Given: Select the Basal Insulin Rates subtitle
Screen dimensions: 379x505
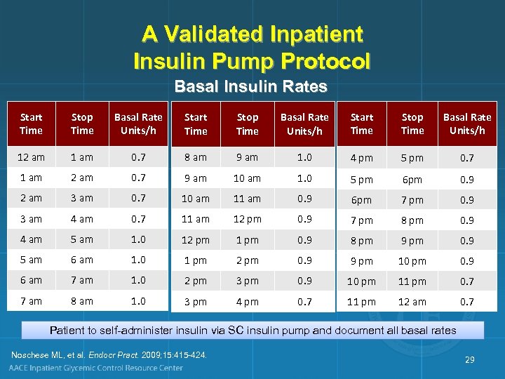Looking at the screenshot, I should pyautogui.click(x=250, y=87).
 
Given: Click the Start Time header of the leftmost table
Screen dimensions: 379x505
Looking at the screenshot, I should pyautogui.click(x=31, y=124).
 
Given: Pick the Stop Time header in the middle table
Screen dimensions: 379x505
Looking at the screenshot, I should pyautogui.click(x=247, y=124).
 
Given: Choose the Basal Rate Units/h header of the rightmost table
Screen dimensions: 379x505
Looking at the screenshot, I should pyautogui.click(x=467, y=124).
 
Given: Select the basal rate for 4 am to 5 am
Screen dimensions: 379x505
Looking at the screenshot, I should pyautogui.click(x=138, y=239).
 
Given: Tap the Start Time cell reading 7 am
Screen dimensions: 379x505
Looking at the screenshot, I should pyautogui.click(x=31, y=301).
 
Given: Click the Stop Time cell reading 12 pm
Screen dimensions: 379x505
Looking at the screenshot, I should pyautogui.click(x=247, y=220).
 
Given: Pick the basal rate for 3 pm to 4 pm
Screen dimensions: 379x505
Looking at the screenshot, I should pyautogui.click(x=304, y=302).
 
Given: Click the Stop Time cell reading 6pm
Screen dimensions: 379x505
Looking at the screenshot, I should pyautogui.click(x=412, y=180).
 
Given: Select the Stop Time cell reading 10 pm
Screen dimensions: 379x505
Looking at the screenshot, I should pyautogui.click(x=412, y=261).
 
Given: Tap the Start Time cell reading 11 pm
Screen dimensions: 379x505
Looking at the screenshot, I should pyautogui.click(x=362, y=302).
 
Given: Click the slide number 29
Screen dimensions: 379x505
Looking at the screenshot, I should pyautogui.click(x=469, y=359).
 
